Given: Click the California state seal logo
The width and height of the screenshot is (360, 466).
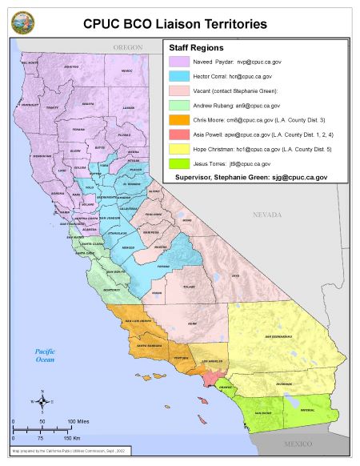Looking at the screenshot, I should click(23, 22).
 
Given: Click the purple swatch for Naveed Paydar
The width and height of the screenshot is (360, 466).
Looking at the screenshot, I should click(177, 60).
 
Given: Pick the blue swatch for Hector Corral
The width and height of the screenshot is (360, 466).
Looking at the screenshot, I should click(177, 74).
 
